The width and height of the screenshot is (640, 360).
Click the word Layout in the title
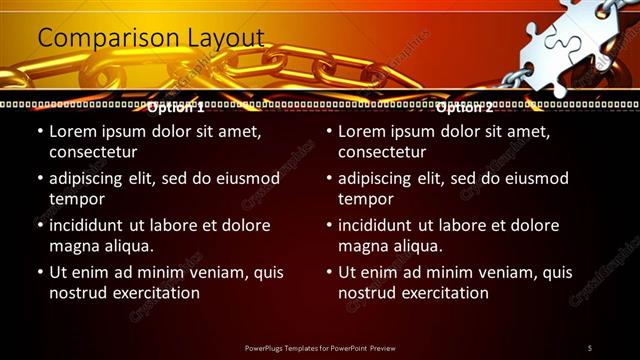pyautogui.click(x=227, y=38)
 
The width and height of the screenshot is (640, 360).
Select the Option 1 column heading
pyautogui.click(x=175, y=106)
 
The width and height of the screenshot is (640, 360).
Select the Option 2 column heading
pyautogui.click(x=465, y=106)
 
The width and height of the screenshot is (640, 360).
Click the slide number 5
pyautogui.click(x=590, y=348)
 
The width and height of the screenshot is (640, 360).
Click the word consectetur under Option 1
pyautogui.click(x=93, y=152)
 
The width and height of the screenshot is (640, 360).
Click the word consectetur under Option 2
pyautogui.click(x=382, y=152)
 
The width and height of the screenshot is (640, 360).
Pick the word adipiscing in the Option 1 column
pyautogui.click(x=91, y=179)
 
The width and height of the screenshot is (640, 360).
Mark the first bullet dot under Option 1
pyautogui.click(x=39, y=132)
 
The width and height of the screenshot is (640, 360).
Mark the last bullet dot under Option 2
pyautogui.click(x=329, y=272)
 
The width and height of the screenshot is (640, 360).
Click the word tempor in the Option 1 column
pyautogui.click(x=76, y=199)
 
